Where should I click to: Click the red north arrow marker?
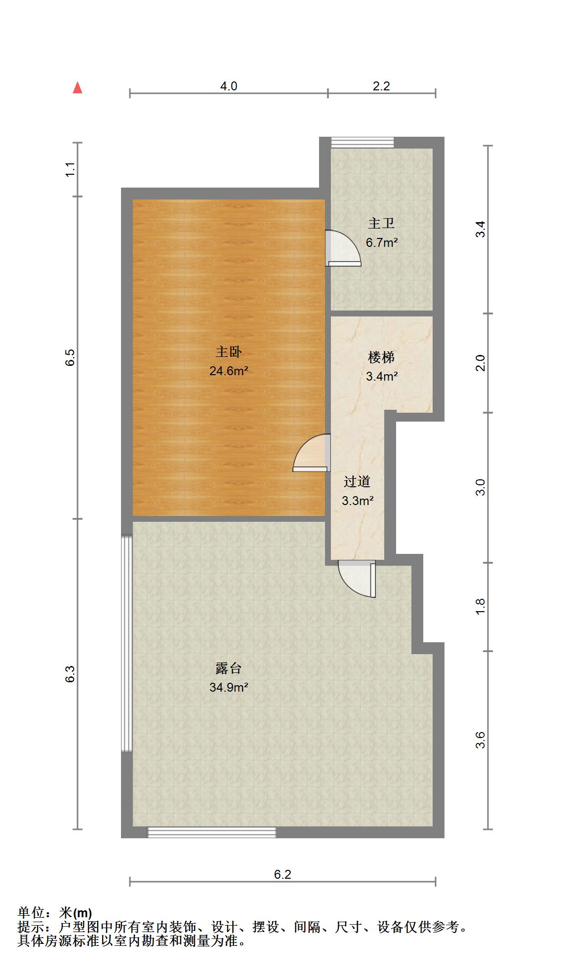[78, 88]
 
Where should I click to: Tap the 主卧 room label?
[229, 352]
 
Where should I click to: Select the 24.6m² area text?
[229, 371]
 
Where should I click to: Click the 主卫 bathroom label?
[381, 224]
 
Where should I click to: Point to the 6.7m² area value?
[382, 242]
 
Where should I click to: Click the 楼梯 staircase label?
[381, 357]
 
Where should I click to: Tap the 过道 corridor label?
[357, 481]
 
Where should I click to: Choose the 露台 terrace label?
[229, 668]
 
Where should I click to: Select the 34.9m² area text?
[229, 687]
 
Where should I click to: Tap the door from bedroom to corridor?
[312, 453]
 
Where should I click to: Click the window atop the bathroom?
[363, 142]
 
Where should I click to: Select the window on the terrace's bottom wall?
[212, 832]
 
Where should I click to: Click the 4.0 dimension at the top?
[229, 86]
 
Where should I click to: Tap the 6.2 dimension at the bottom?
[282, 874]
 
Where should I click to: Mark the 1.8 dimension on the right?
[481, 607]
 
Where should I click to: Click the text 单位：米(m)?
[55, 913]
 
